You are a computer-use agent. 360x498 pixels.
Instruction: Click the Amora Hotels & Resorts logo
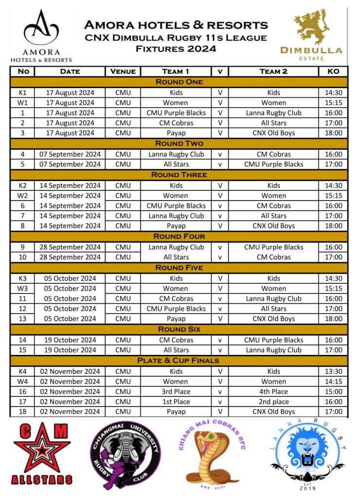(41, 34)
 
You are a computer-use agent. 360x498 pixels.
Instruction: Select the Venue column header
(123, 72)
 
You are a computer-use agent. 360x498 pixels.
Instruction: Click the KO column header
(334, 72)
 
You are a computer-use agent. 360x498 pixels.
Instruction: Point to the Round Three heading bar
(179, 175)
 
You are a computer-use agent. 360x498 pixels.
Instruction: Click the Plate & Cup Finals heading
(179, 361)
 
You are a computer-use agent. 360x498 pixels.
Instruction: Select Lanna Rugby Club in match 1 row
(274, 113)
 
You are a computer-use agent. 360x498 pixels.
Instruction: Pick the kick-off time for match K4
(334, 371)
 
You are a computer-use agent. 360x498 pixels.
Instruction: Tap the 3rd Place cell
(176, 391)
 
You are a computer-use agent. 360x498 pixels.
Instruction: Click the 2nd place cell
(274, 402)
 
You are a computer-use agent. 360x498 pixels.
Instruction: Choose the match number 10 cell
(22, 257)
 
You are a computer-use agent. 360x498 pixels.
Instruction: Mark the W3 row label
(22, 289)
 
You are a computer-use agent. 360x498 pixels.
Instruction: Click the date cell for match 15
(70, 350)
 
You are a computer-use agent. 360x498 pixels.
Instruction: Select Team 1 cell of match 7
(176, 216)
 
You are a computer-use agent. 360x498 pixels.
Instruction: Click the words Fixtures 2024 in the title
(176, 49)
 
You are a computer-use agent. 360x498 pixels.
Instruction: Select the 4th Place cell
(274, 391)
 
